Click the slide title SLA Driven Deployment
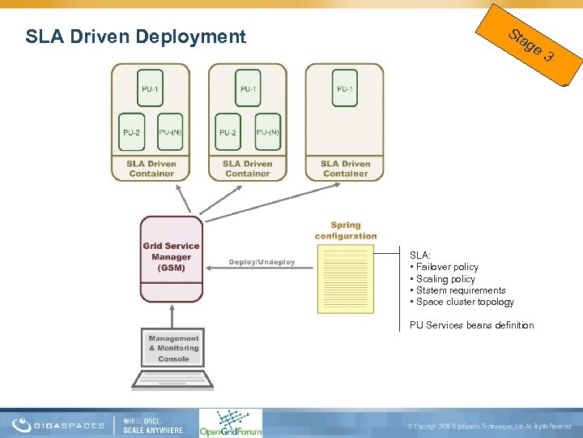point(135,36)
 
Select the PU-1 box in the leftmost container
point(150,88)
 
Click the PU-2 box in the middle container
point(228,132)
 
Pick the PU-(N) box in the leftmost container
point(171,132)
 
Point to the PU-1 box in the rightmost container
point(345,88)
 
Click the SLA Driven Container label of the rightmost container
point(345,169)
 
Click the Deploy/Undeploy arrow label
point(262,262)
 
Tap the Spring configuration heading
point(346,230)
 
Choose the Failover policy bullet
point(446,267)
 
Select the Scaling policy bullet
point(445,278)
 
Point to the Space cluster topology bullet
point(463,302)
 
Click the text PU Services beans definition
point(471,325)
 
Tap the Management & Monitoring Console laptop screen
point(173,348)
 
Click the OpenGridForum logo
point(231,423)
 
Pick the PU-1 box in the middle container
point(248,88)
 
